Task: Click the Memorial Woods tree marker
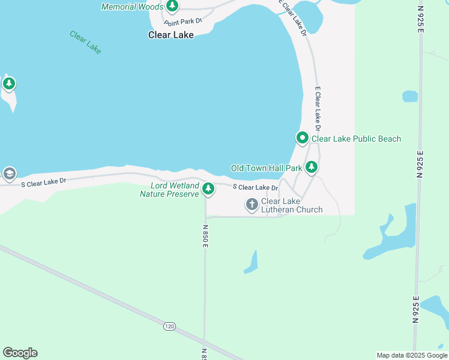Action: click(172, 6)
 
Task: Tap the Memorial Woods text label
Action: click(132, 7)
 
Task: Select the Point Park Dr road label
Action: click(184, 21)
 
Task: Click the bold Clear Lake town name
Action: click(171, 35)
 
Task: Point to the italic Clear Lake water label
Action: click(85, 43)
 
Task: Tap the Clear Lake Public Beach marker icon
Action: click(303, 139)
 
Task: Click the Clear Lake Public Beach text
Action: click(356, 139)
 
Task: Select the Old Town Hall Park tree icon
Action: click(311, 167)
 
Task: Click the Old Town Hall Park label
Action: click(267, 168)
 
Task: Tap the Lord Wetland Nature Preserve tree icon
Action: click(208, 189)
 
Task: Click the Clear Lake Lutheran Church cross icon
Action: click(252, 205)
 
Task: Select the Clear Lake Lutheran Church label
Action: click(292, 206)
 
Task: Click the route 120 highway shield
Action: click(169, 326)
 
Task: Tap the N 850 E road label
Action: click(205, 236)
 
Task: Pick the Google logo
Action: click(20, 353)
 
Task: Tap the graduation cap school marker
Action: click(9, 174)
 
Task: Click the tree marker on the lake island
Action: click(8, 83)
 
